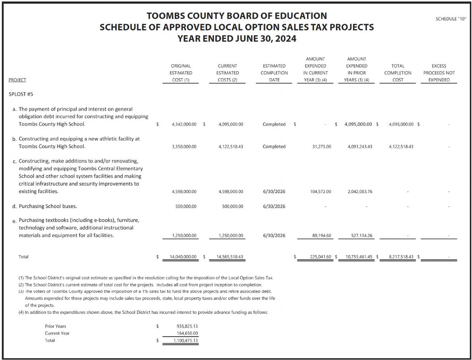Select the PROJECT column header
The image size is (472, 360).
click(x=17, y=80)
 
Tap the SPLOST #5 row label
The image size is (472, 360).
click(x=21, y=94)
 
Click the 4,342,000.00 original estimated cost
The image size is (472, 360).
click(x=184, y=124)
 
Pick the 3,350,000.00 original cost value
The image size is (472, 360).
click(x=184, y=146)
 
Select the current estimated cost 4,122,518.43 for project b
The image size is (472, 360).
click(x=231, y=146)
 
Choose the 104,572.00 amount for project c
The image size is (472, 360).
click(x=320, y=192)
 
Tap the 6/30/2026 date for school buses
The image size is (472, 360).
click(x=274, y=206)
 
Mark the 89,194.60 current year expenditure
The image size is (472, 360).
click(x=320, y=236)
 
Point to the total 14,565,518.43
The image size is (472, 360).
click(x=230, y=257)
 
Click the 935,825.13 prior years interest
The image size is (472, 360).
click(x=187, y=326)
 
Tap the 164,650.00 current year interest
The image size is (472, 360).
click(x=187, y=333)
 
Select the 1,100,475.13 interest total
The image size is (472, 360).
click(x=187, y=341)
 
